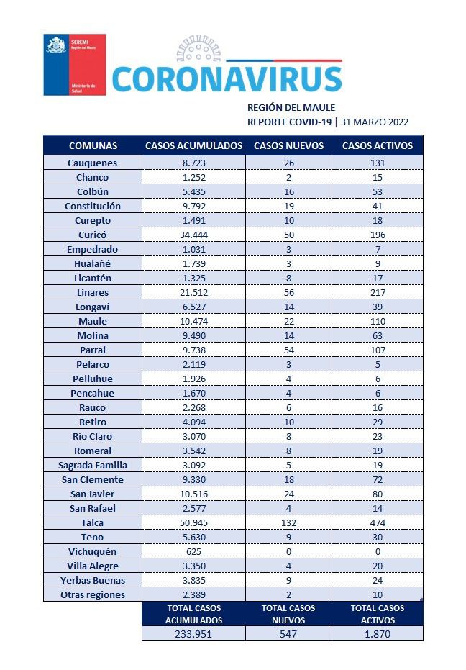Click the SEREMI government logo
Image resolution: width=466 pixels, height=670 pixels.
click(x=74, y=64)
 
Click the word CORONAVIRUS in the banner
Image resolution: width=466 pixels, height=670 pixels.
click(x=227, y=79)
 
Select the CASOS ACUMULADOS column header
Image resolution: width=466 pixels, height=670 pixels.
click(x=193, y=145)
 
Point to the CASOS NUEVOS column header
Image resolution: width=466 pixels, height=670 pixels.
click(x=288, y=145)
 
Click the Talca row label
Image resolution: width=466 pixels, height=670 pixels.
click(x=92, y=522)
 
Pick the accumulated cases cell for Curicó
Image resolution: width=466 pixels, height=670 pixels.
click(x=193, y=235)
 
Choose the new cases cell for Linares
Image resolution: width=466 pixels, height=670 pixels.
click(x=288, y=292)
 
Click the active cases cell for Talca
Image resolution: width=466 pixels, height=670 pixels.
click(x=378, y=522)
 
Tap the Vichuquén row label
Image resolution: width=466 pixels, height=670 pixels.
click(x=92, y=551)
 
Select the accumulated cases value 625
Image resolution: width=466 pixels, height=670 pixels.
click(x=193, y=551)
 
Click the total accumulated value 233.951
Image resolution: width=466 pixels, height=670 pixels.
click(x=193, y=633)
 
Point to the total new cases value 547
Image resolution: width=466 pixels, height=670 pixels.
click(x=288, y=633)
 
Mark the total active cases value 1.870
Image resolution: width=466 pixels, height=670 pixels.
click(x=378, y=633)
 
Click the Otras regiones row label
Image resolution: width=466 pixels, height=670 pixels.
click(x=92, y=594)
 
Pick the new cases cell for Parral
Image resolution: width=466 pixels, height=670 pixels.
click(x=288, y=350)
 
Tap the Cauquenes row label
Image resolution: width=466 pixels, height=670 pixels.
click(x=92, y=163)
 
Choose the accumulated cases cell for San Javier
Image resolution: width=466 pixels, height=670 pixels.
click(x=193, y=494)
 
